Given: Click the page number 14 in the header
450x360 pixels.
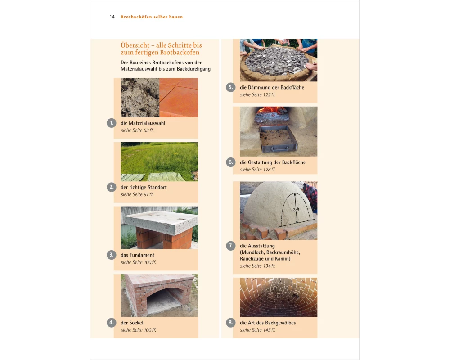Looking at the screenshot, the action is tap(112, 17).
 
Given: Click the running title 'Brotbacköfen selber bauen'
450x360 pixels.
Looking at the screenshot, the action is tap(152, 17).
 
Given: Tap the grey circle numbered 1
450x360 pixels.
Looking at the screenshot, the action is tap(111, 123).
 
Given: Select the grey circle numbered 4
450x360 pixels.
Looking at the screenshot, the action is tap(111, 322).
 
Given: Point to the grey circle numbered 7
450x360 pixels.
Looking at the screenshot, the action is tap(231, 246).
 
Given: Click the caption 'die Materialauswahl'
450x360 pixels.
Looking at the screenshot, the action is tap(143, 123).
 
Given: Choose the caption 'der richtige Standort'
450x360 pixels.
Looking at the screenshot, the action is tap(144, 187).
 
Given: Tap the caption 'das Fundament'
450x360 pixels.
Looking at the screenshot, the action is tap(137, 255).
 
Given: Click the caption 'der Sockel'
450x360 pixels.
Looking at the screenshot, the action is tap(132, 323).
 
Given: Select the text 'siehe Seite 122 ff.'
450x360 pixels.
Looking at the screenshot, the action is tap(258, 95).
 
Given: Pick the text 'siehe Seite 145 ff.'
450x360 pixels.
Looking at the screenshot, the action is tap(258, 330).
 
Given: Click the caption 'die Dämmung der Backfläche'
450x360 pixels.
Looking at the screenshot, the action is tap(272, 88).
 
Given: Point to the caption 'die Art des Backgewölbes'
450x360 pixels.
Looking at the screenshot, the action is tap(268, 323).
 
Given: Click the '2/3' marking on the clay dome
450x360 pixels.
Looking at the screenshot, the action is tap(296, 210).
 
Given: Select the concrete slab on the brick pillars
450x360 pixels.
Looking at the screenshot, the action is tap(161, 222).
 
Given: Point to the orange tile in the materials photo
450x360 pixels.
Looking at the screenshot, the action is tap(179, 98).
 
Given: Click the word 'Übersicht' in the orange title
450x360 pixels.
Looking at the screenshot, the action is tap(135, 45).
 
